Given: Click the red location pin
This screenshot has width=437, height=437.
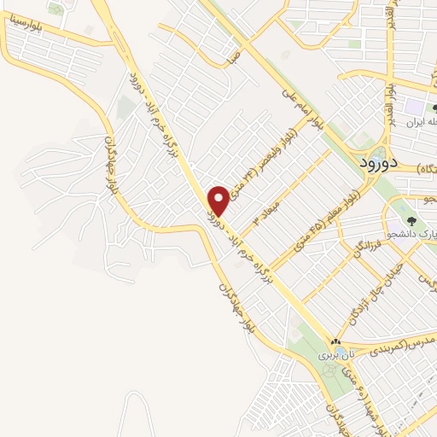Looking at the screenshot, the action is (x=219, y=200).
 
